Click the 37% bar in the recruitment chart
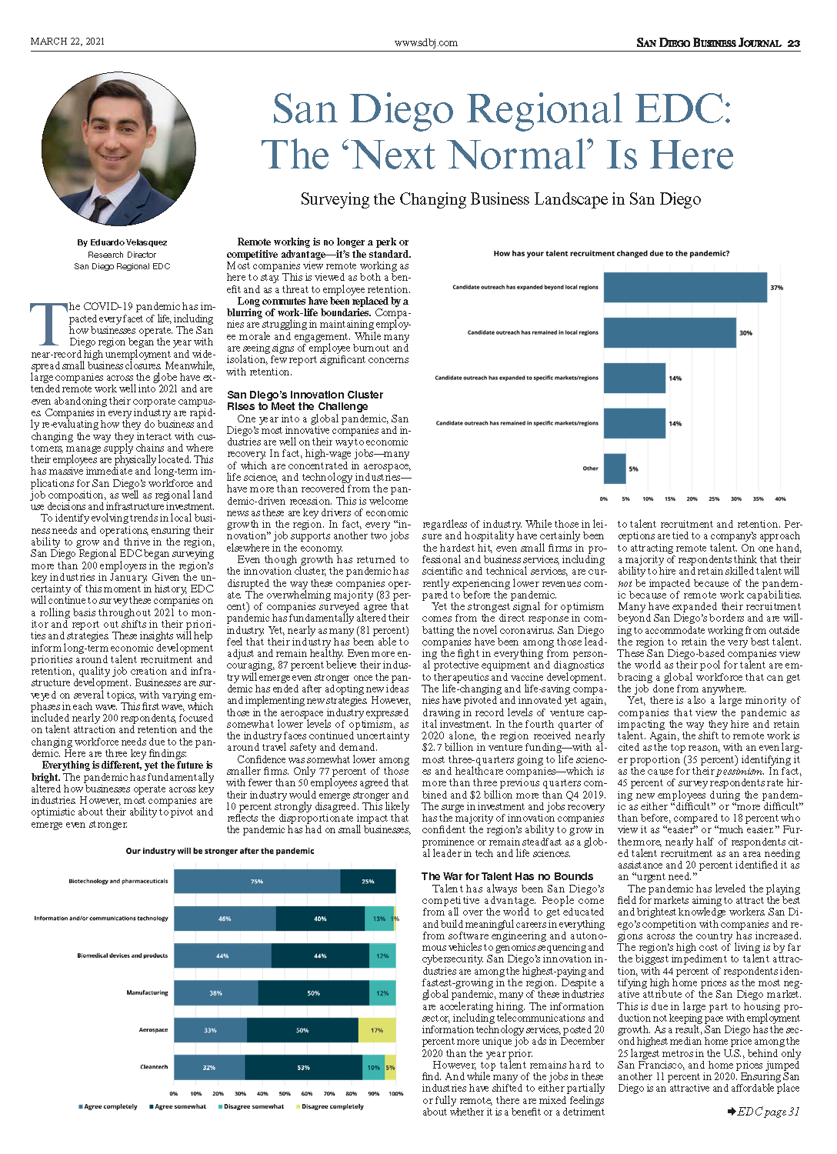tap(685, 287)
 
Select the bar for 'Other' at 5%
tap(615, 469)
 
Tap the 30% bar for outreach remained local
tap(669, 332)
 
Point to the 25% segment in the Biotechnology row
tap(368, 881)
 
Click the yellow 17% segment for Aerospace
tap(377, 1030)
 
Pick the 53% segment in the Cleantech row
tap(303, 1068)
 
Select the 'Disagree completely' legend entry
tap(330, 1106)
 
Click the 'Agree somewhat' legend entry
tap(178, 1106)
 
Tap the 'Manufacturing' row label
tap(147, 992)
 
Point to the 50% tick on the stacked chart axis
tap(285, 1093)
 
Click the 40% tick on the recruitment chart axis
tap(780, 499)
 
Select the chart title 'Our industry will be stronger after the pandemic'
tap(220, 851)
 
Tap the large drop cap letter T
tap(49, 324)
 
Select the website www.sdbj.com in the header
tap(426, 43)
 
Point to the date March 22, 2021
tap(68, 42)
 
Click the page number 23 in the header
tap(794, 43)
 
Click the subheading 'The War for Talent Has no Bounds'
tap(507, 876)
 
